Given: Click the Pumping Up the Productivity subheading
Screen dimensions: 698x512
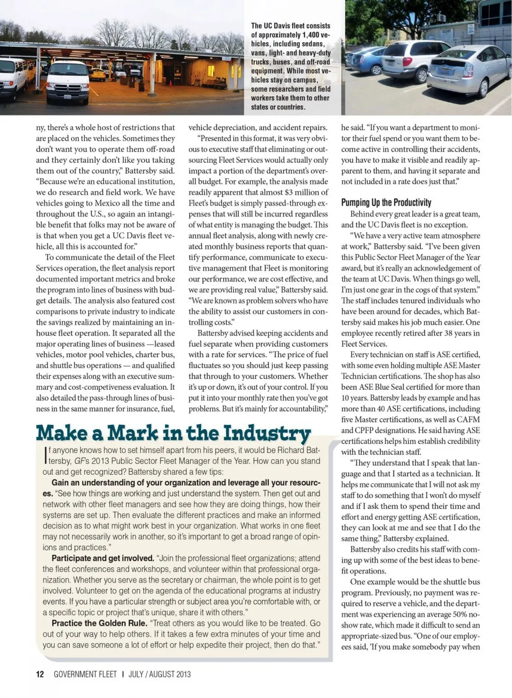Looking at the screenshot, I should coord(386,202).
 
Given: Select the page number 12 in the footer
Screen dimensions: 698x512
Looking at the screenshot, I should coord(40,674).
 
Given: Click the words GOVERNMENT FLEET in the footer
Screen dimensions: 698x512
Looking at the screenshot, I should coord(85,674).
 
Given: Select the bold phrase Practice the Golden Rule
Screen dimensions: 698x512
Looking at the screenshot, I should coord(99,623).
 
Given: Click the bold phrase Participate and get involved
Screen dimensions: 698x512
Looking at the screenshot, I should coord(102,558).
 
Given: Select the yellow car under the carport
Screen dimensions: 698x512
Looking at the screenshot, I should coord(97,75).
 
